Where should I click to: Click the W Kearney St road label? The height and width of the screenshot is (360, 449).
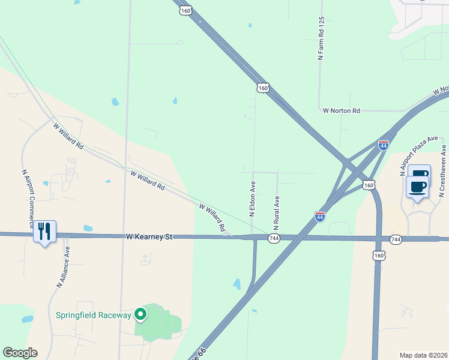[x=149, y=237]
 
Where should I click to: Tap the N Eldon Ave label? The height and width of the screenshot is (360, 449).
[x=253, y=199]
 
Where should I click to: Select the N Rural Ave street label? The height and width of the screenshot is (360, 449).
[x=277, y=212]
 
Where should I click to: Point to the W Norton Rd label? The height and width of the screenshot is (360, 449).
[x=341, y=110]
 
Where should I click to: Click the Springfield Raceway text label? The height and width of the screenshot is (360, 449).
[x=93, y=315]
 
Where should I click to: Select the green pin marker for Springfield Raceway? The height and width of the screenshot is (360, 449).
[x=140, y=314]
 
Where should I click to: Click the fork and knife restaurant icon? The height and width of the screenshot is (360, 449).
[x=44, y=231]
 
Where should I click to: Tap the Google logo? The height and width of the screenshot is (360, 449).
[x=20, y=353]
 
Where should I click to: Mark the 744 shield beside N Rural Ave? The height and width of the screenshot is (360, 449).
[x=274, y=239]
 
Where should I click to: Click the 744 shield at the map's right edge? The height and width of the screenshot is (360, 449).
[x=395, y=239]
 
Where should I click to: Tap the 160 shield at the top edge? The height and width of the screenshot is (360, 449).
[x=185, y=10]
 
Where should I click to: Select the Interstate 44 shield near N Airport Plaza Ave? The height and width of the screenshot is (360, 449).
[x=384, y=145]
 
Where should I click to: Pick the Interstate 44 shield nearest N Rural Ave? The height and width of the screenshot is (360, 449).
[x=320, y=217]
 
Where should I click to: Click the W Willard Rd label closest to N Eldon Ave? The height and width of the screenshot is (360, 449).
[x=212, y=218]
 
